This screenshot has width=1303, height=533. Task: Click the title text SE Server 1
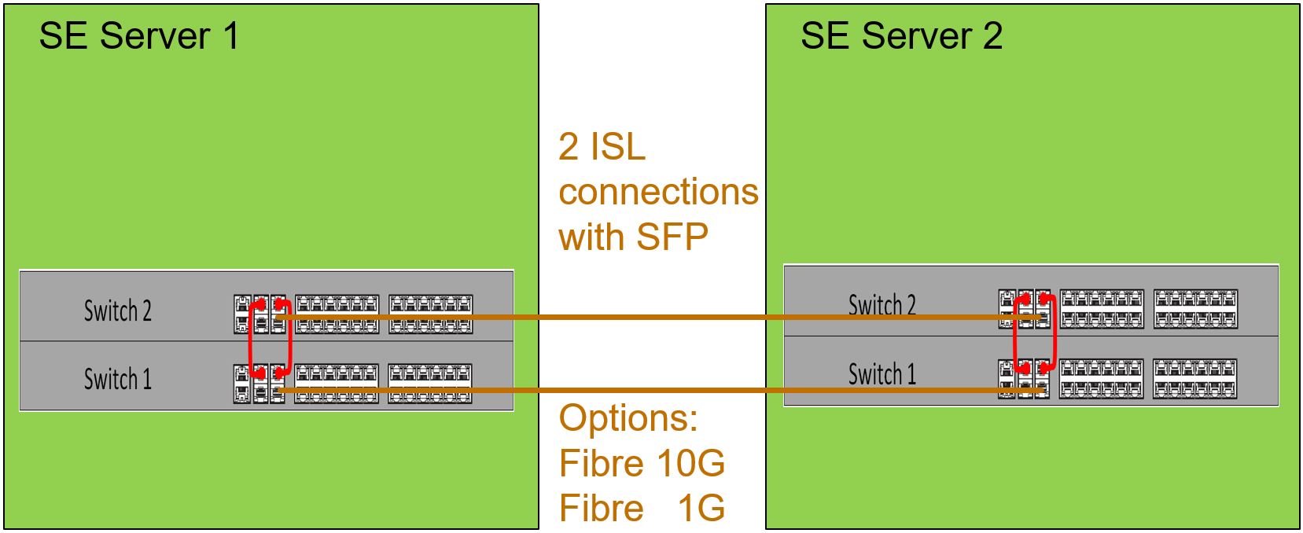[138, 36]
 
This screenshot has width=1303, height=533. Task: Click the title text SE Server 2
[901, 36]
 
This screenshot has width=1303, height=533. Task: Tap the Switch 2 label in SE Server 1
[118, 311]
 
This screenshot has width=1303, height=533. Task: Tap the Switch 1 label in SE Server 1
[118, 380]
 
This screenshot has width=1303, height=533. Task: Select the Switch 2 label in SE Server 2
[882, 305]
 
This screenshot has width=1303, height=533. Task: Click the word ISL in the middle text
[618, 147]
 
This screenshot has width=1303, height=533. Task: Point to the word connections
[658, 192]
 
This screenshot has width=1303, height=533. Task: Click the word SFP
[672, 237]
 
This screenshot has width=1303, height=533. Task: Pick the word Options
[628, 417]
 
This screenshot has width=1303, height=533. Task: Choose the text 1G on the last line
[701, 508]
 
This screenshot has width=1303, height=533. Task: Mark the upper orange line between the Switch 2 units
[653, 317]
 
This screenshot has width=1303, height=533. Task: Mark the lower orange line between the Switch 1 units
[653, 390]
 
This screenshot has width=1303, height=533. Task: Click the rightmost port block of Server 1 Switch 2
[431, 314]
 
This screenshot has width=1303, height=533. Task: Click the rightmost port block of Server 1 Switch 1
[430, 383]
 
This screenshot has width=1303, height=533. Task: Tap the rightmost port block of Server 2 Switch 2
[1195, 308]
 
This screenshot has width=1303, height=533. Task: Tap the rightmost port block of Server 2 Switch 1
[1194, 378]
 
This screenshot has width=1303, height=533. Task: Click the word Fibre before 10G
[602, 463]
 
